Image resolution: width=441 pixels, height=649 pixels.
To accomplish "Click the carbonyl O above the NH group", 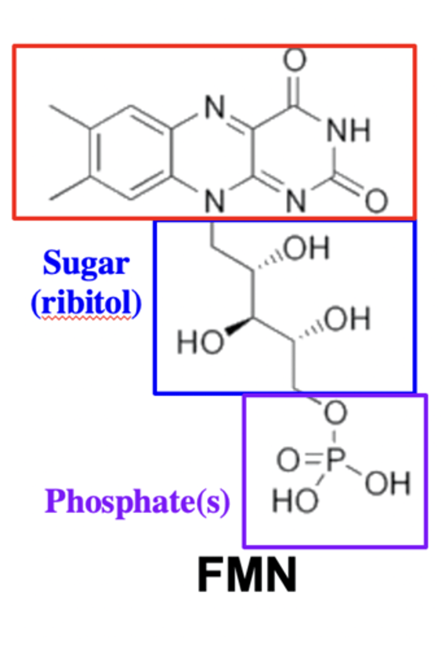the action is (x=295, y=60).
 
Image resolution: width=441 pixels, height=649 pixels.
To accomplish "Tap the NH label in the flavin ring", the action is (x=350, y=130).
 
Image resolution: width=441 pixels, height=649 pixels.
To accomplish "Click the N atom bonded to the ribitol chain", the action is (x=215, y=202).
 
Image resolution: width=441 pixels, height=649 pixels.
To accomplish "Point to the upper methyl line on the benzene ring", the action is (x=69, y=117).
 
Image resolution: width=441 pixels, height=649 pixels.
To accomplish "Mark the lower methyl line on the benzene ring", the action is (x=69, y=191).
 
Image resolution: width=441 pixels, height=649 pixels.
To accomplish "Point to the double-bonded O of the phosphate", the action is (x=288, y=461).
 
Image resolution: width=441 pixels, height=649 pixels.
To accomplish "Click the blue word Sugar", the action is (x=86, y=264).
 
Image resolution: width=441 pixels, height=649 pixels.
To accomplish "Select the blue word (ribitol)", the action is (x=86, y=304).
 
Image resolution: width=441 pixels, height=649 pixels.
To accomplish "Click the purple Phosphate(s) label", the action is (x=138, y=501).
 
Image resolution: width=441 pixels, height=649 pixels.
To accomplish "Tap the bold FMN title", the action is (x=246, y=575).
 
